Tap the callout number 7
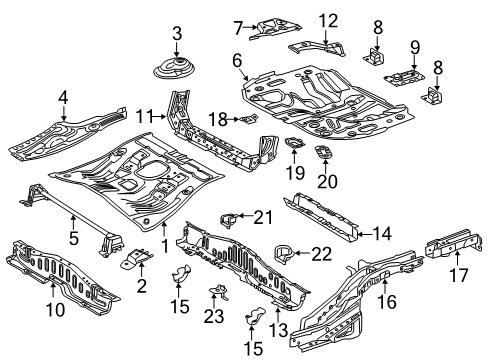pyautogui.click(x=237, y=25)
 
